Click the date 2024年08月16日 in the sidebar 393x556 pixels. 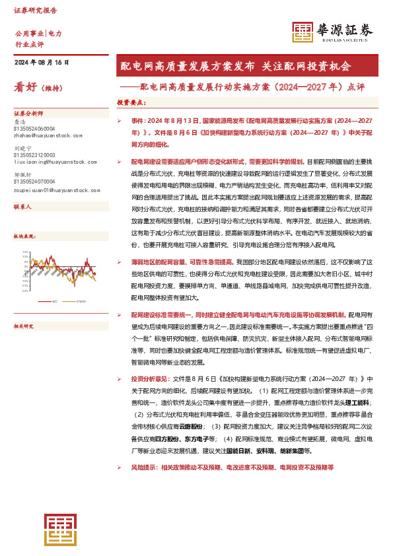coord(42,62)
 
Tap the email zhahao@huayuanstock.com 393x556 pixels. coord(46,135)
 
